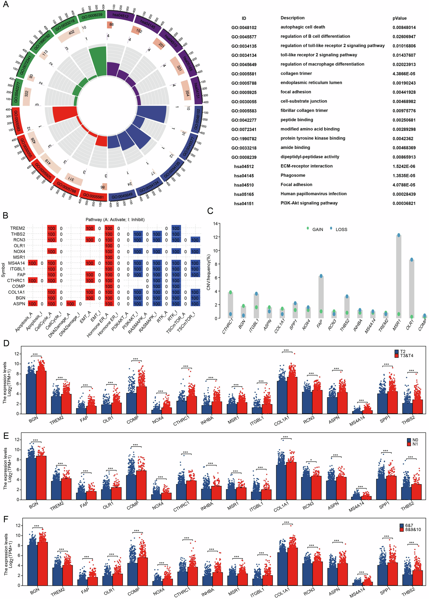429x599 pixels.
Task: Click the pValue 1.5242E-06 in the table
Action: (x=404, y=166)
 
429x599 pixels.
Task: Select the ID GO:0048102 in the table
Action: (x=244, y=28)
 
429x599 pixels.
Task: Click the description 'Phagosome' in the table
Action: (x=292, y=175)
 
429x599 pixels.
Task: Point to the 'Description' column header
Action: (x=292, y=18)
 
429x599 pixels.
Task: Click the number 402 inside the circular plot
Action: (x=71, y=33)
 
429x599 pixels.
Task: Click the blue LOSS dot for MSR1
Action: (x=398, y=235)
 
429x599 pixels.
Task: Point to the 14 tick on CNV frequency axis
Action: (x=215, y=224)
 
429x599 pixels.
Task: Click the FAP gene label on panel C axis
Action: (x=320, y=324)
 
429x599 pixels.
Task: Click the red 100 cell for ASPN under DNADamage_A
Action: (x=70, y=304)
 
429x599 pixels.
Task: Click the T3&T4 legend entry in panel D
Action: (x=406, y=356)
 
